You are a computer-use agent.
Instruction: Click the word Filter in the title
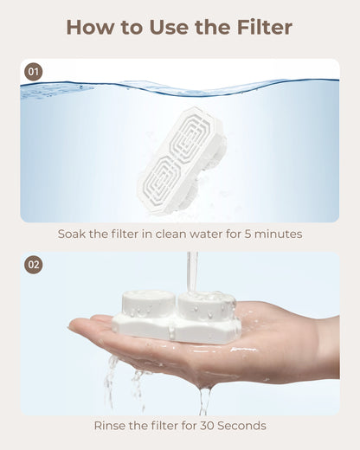(x=265, y=28)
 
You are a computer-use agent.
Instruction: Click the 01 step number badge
(x=34, y=72)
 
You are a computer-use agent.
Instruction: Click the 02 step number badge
(x=34, y=265)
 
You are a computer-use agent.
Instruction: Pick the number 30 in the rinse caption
(x=208, y=426)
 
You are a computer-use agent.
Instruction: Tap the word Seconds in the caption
(x=241, y=426)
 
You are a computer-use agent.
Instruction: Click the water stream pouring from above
(x=192, y=271)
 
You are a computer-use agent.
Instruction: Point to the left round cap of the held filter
(x=148, y=304)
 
